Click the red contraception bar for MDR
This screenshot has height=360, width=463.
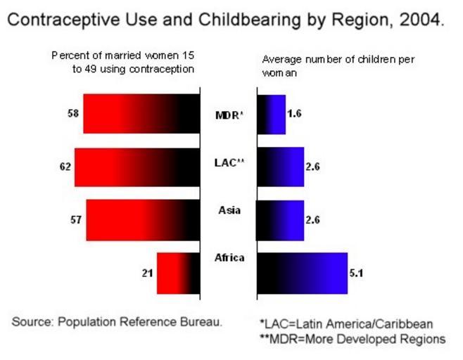tap(141, 113)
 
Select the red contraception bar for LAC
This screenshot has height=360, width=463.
tap(137, 167)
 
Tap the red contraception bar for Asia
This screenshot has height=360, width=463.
tap(143, 220)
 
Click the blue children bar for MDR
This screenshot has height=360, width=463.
tap(271, 114)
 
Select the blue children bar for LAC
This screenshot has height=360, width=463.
tap(280, 167)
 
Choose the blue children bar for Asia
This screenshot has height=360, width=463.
tap(280, 220)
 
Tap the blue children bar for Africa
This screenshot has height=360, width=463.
tap(302, 273)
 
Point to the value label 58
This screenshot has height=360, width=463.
tap(73, 113)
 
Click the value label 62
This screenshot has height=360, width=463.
tap(65, 167)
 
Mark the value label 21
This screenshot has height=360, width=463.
tap(147, 273)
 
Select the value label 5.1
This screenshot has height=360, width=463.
tap(357, 273)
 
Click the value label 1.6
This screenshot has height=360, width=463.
tap(295, 114)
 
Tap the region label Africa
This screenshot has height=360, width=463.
tap(229, 258)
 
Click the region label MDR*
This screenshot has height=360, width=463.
tap(229, 115)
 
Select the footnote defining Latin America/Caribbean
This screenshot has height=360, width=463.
tap(345, 324)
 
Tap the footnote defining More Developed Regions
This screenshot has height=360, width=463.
tap(353, 338)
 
